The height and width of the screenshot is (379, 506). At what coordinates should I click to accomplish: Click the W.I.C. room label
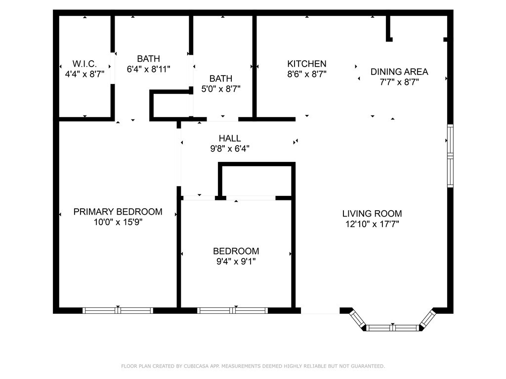click(x=84, y=64)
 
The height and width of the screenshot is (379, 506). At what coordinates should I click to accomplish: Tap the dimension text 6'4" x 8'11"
click(x=149, y=70)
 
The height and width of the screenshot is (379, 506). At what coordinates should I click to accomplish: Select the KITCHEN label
click(x=307, y=64)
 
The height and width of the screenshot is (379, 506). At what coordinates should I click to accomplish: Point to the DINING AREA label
click(x=399, y=72)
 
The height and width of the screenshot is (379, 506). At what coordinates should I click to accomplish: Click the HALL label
click(x=230, y=138)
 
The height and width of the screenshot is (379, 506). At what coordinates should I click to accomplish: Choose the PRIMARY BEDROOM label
click(x=118, y=212)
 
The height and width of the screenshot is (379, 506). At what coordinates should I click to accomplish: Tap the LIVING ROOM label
click(x=372, y=214)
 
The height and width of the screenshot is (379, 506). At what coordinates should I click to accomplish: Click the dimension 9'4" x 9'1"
click(x=236, y=261)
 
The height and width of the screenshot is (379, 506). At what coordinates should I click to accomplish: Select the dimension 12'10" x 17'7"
click(x=372, y=224)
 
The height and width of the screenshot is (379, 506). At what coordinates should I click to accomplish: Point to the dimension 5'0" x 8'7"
click(x=221, y=89)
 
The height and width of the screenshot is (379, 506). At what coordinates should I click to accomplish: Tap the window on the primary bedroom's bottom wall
click(x=118, y=310)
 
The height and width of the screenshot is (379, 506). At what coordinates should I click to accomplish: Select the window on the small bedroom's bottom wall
click(x=233, y=310)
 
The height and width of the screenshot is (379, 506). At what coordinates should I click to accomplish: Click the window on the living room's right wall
click(x=450, y=156)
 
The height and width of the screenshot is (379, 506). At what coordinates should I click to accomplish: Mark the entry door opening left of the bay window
click(x=320, y=311)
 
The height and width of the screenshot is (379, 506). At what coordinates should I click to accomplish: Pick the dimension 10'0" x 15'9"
click(x=118, y=222)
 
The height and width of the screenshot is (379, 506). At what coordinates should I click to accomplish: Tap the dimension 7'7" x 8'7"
click(x=399, y=82)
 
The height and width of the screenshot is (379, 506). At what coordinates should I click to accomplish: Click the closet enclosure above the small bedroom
click(x=256, y=181)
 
